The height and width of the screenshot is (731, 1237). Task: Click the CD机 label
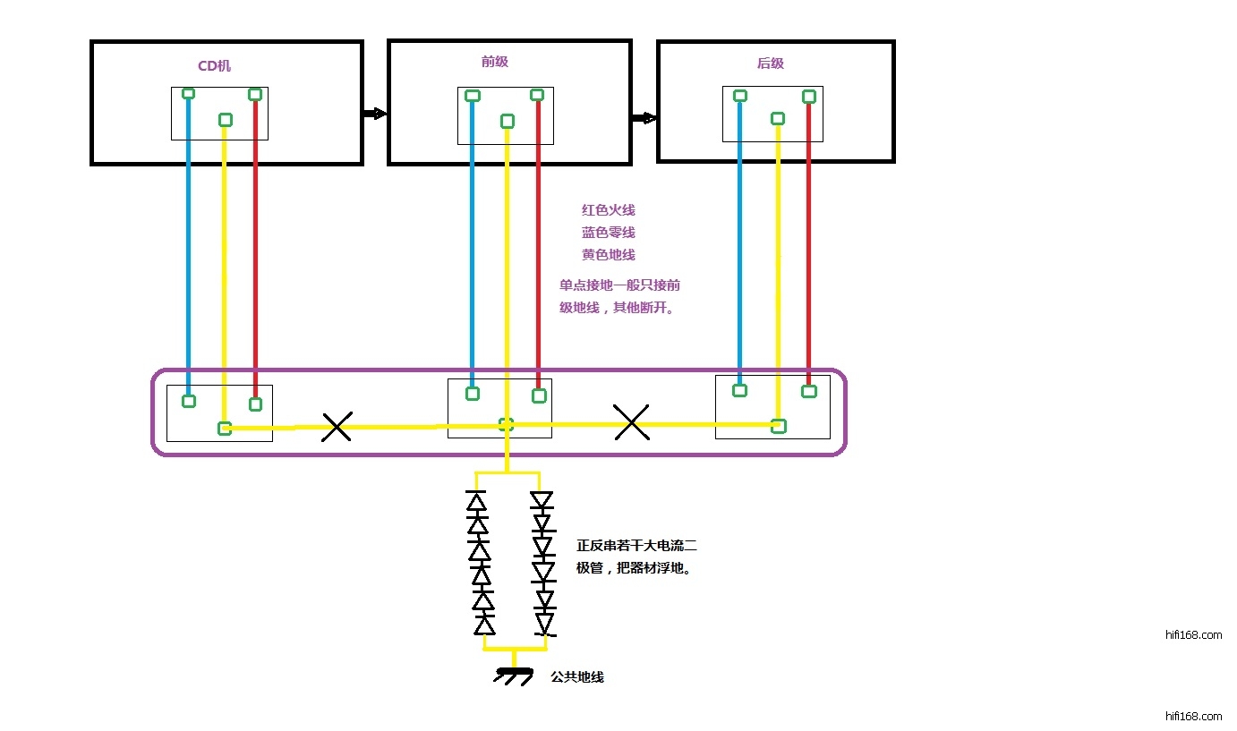[x=214, y=66]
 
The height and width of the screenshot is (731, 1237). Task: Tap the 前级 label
[x=495, y=62]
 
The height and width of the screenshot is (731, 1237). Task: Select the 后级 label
[x=770, y=63]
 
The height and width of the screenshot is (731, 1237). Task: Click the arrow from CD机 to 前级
[x=374, y=114]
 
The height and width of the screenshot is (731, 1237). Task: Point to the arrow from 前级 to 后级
[x=644, y=117]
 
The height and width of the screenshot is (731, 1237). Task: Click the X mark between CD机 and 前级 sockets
[x=337, y=427]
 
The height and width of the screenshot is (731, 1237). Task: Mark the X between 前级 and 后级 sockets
[x=632, y=421]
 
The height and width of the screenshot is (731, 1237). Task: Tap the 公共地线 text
[x=577, y=677]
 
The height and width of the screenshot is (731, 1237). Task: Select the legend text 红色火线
[x=609, y=210]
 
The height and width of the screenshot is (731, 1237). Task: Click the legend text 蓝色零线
[x=609, y=233]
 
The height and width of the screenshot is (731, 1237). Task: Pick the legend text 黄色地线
[x=609, y=255]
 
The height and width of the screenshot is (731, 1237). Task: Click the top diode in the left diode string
[x=476, y=500]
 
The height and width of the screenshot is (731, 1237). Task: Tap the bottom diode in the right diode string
[x=543, y=622]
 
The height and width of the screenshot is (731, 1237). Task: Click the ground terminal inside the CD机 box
[x=226, y=120]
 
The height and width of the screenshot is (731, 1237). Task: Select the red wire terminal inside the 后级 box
[x=809, y=97]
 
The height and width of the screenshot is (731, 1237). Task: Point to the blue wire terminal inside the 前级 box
[x=473, y=96]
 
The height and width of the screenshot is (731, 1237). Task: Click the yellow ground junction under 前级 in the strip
[x=506, y=425]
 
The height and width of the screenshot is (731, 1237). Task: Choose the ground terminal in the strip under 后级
[x=779, y=426]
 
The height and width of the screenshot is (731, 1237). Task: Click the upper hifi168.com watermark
[x=1193, y=635]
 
